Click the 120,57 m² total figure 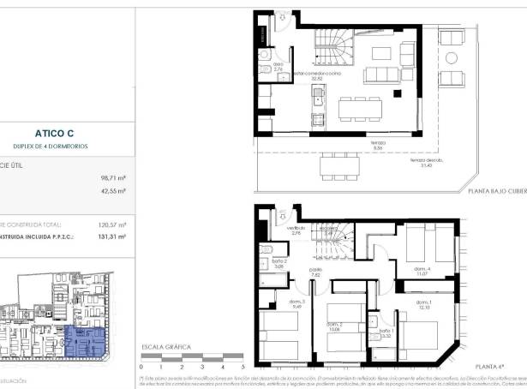coord(112,225)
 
